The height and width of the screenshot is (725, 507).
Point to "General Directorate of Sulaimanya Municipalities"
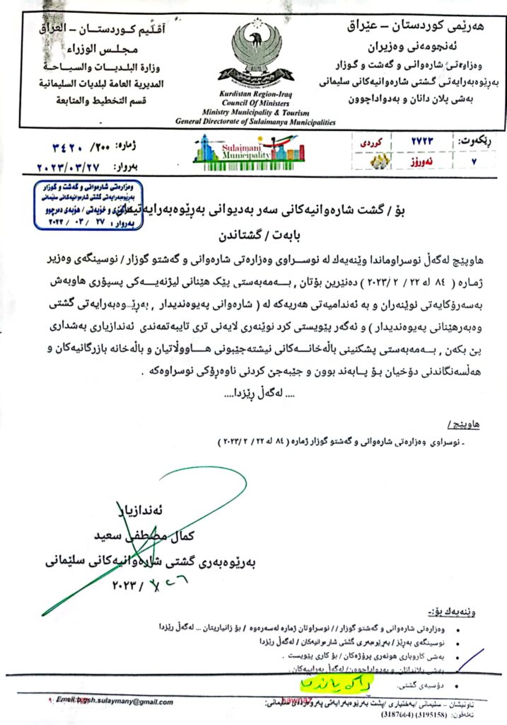click(255, 122)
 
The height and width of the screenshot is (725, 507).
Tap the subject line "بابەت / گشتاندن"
click(252, 231)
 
